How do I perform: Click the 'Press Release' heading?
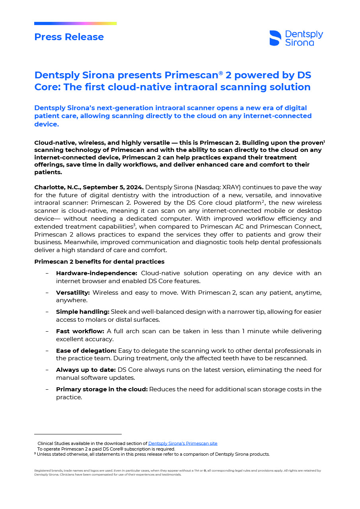(x=69, y=37)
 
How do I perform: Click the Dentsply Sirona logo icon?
(x=275, y=38)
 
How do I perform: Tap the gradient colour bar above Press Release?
(x=75, y=23)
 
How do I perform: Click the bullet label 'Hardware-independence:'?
(x=96, y=273)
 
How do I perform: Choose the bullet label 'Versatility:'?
(x=73, y=293)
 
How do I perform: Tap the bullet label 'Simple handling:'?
(x=82, y=312)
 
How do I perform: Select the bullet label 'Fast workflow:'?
(x=80, y=331)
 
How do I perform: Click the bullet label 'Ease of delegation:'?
(x=86, y=351)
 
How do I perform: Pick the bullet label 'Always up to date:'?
(x=86, y=370)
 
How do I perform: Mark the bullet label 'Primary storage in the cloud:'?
(x=101, y=389)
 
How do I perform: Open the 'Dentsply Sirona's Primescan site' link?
(x=183, y=443)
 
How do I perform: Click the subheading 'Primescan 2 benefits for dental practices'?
(x=99, y=262)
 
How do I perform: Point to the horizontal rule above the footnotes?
(x=78, y=434)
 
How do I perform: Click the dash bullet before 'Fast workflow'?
(x=47, y=331)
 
